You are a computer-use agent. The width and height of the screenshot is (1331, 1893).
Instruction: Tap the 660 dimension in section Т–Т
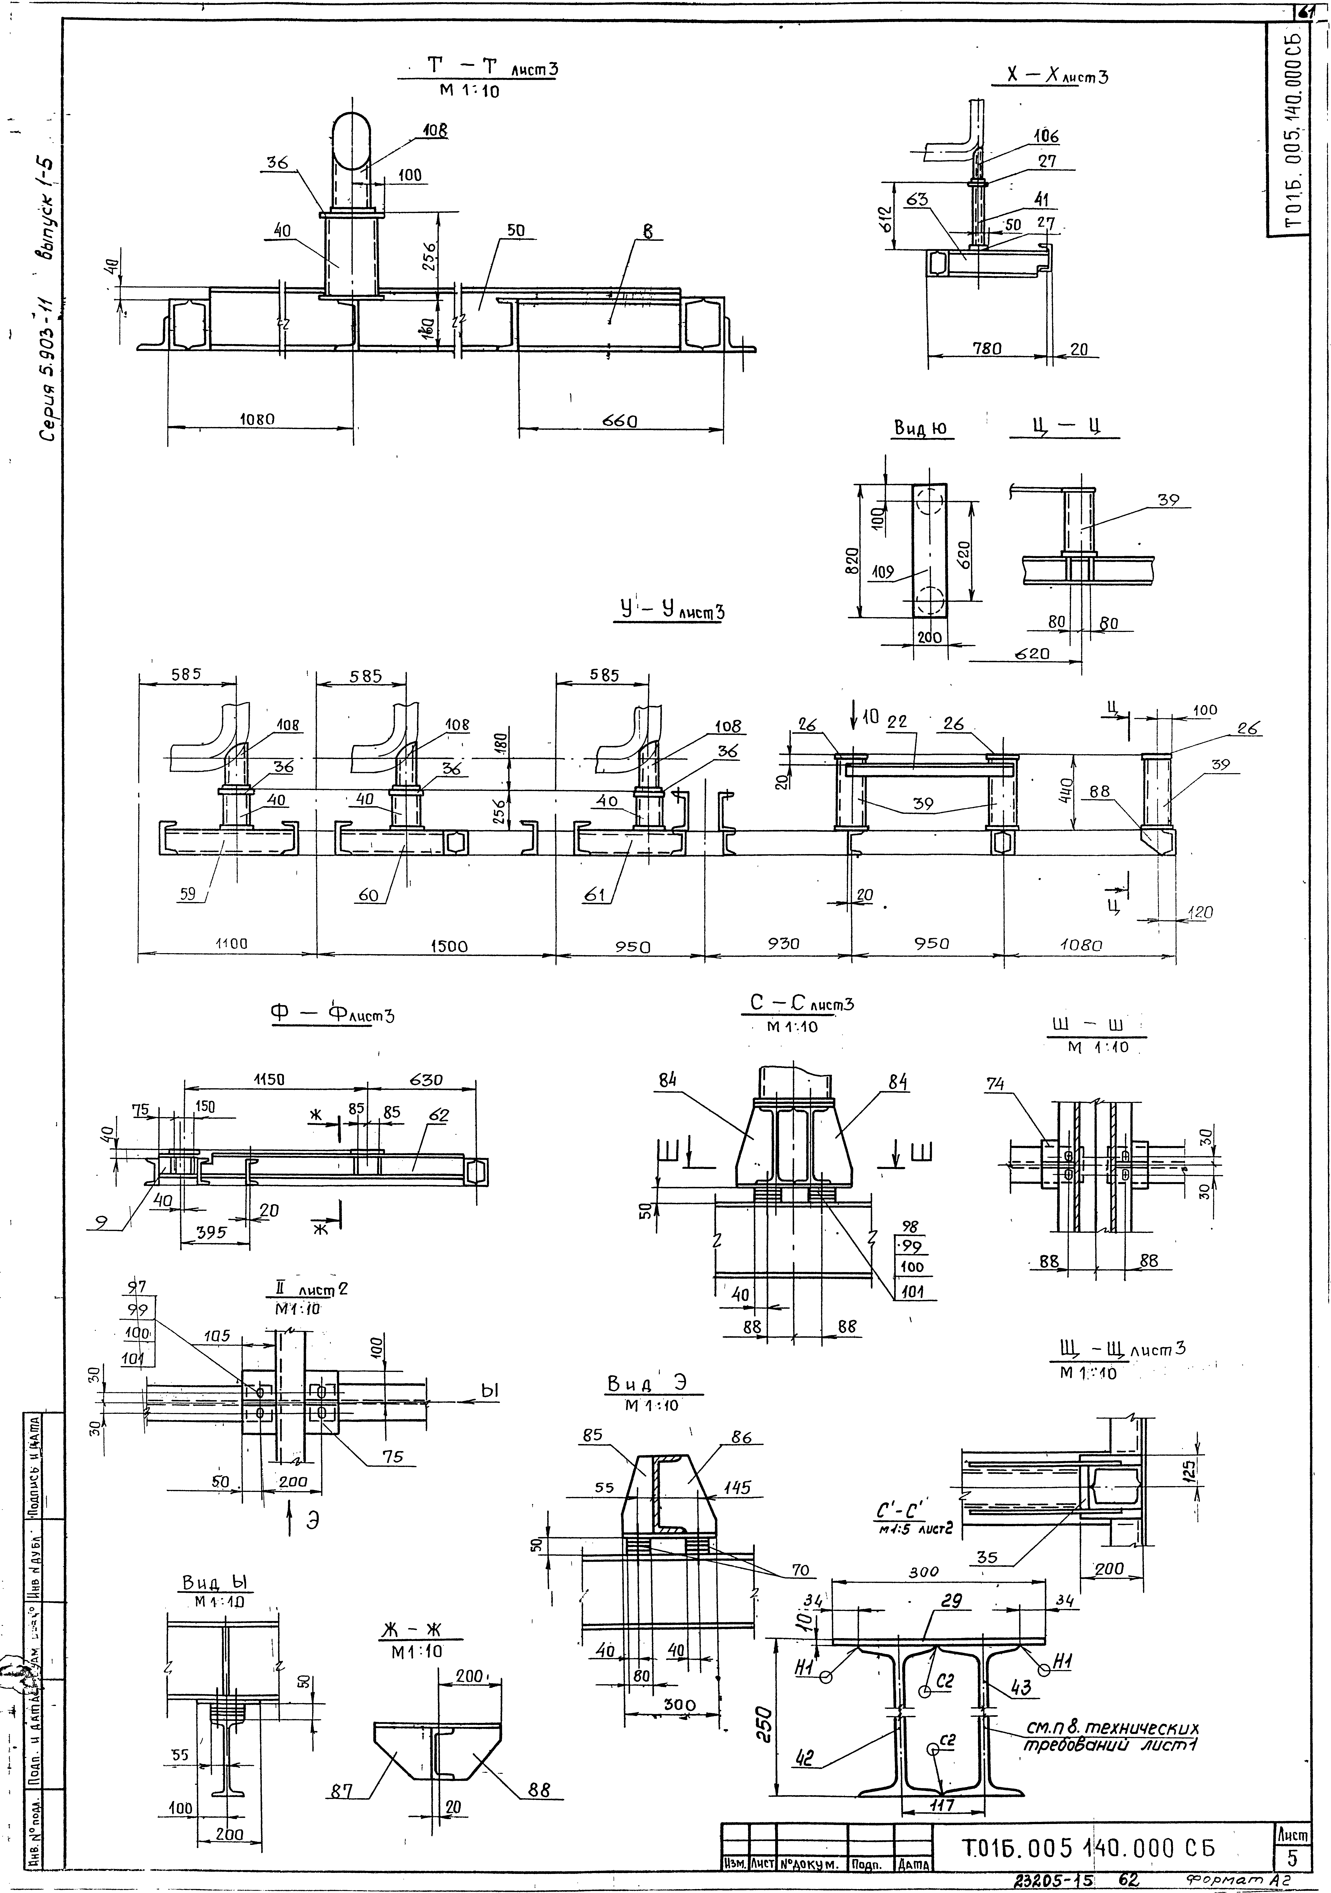click(620, 421)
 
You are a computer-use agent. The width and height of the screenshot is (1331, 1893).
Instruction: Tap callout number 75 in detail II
click(392, 1457)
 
